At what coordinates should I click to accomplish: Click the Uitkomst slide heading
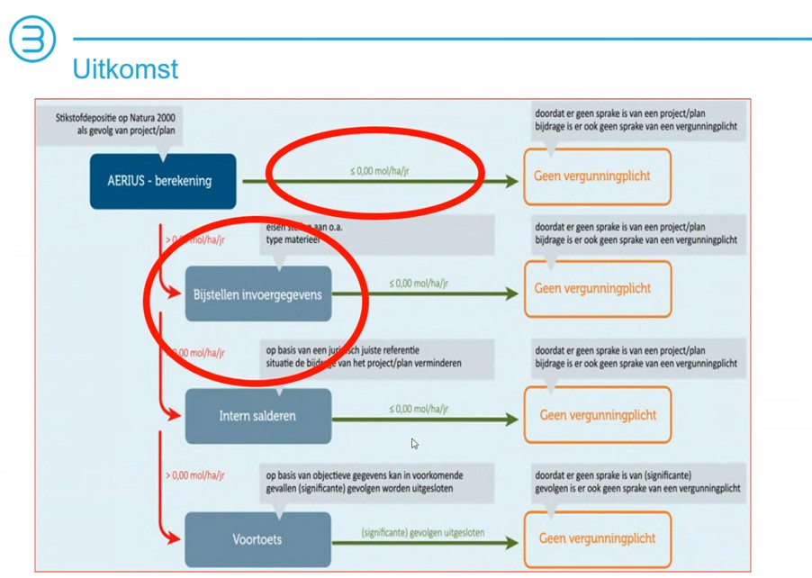click(x=125, y=69)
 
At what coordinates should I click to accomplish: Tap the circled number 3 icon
click(x=32, y=40)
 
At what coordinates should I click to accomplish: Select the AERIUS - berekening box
click(x=163, y=181)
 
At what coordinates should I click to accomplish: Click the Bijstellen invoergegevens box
click(x=257, y=294)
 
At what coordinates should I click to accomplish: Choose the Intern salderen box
click(x=257, y=416)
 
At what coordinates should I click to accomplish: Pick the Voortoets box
click(x=257, y=539)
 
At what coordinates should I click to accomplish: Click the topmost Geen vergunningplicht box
click(x=597, y=176)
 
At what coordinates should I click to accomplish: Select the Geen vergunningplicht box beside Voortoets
click(x=597, y=538)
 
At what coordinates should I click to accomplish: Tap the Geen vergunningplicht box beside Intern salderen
click(x=597, y=415)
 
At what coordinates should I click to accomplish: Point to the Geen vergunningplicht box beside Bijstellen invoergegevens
click(x=597, y=289)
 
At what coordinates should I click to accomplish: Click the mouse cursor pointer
click(x=414, y=443)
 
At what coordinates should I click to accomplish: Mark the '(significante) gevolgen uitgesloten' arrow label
click(x=422, y=532)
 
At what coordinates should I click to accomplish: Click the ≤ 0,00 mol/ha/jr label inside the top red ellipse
click(x=380, y=170)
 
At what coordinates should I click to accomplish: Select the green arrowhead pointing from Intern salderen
click(x=511, y=419)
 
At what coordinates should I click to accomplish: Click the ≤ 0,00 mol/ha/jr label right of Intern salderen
click(x=419, y=409)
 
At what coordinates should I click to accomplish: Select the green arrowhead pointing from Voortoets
click(x=511, y=542)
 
